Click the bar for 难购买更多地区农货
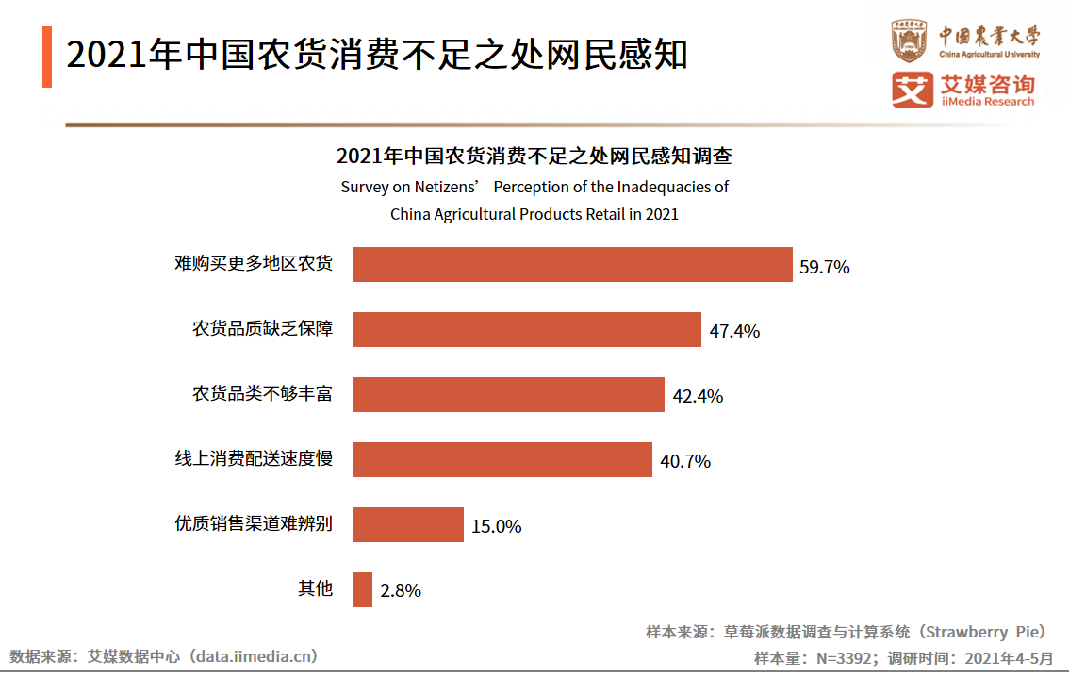point(572,265)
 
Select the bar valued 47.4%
point(526,330)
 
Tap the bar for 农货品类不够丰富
point(508,395)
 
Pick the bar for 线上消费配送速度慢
point(502,460)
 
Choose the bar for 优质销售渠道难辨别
point(407,525)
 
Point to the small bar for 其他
point(362,590)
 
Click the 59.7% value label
point(824,267)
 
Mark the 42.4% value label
point(698,397)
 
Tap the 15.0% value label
point(496,527)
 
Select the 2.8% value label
point(401,592)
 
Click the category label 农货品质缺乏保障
point(262,329)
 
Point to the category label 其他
point(315,589)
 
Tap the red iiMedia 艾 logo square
point(912,91)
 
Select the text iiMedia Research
point(987,102)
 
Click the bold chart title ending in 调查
point(534,157)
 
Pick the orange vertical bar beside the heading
point(47,57)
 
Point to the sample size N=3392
point(846,658)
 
